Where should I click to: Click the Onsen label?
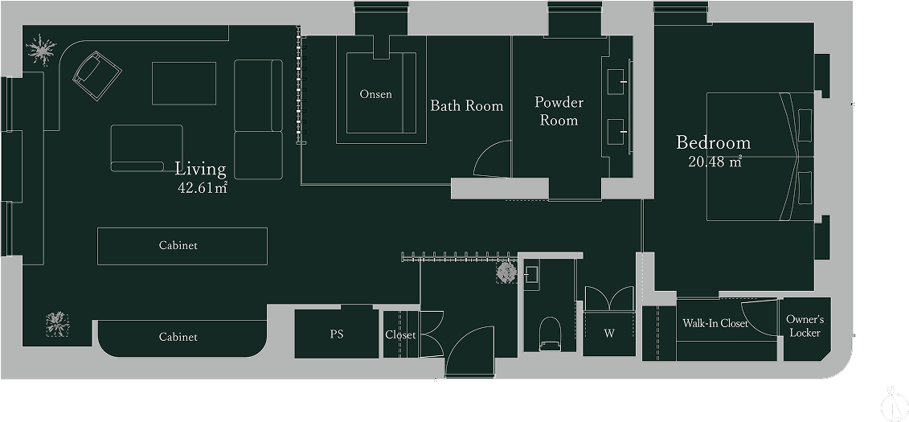pos(375,94)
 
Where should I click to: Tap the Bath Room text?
pos(467,106)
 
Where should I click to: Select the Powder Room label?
pos(559,111)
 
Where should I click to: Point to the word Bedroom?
pos(713,142)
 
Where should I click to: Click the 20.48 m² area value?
pos(715,162)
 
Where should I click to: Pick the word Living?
pos(201,170)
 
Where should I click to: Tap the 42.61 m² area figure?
pos(203,187)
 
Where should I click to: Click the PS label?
pos(337,334)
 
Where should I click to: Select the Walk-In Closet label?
pos(715,323)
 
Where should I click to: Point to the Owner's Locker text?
pos(805,326)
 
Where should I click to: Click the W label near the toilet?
pos(608,334)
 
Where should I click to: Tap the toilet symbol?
pos(550,334)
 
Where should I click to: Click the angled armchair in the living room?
pos(96,76)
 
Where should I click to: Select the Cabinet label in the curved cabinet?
pos(178,337)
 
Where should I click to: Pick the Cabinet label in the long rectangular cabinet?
pos(178,245)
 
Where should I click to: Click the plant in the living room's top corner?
pos(42,50)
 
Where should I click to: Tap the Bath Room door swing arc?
pos(489,152)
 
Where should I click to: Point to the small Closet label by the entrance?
pos(400,335)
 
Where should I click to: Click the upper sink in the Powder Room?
pos(616,82)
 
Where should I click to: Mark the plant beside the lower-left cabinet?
pos(57,325)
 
